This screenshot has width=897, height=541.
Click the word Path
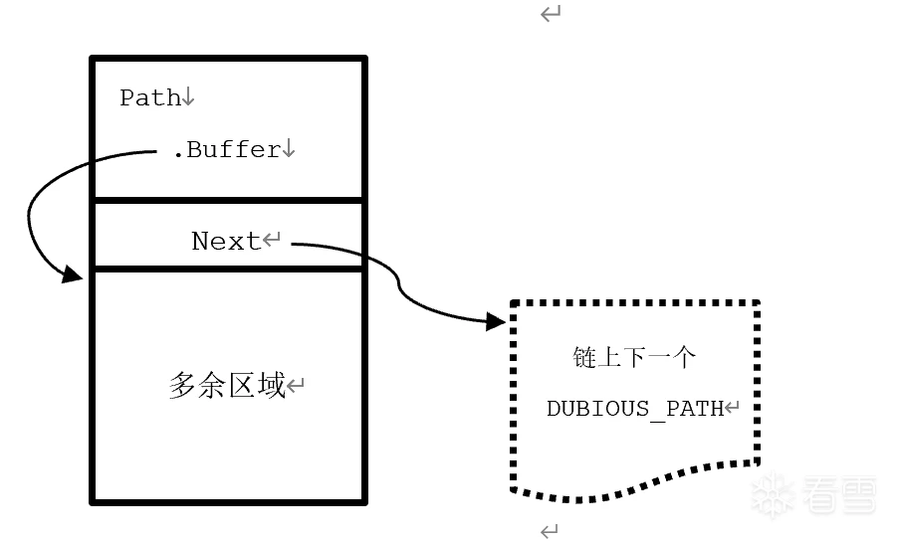tap(150, 97)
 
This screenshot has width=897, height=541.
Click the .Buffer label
tap(226, 150)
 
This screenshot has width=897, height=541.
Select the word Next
tap(226, 242)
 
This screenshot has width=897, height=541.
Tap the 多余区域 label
tap(227, 386)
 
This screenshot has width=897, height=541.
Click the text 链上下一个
tap(634, 358)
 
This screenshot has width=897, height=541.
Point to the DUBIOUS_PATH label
tap(635, 409)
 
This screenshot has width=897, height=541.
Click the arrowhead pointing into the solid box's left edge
tap(73, 272)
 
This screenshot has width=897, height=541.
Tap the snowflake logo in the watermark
tap(773, 494)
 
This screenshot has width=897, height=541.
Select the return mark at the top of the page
tap(551, 14)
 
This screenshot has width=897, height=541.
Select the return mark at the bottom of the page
tap(550, 531)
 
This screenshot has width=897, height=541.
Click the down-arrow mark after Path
tap(189, 97)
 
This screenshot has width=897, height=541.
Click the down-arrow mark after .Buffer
tap(289, 150)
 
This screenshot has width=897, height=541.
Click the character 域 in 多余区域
tap(271, 386)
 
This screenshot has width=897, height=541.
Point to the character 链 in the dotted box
tap(584, 358)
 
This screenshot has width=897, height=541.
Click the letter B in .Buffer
tap(194, 150)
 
